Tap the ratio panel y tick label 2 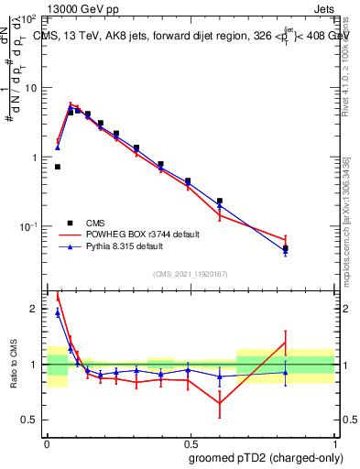(35, 310)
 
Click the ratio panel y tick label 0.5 (31, 420)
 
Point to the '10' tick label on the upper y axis (30, 88)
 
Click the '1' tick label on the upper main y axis (35, 158)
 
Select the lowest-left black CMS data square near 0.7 (58, 167)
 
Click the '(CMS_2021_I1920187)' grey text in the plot (189, 274)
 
